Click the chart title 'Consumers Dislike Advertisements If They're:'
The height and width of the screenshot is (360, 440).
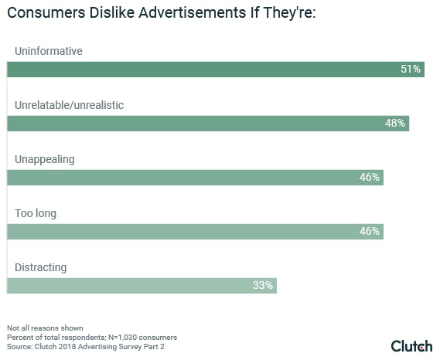tap(162, 13)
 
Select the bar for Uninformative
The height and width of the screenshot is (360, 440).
tap(216, 70)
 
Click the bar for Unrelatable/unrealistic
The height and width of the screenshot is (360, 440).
tap(208, 124)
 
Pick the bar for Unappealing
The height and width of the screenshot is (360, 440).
tap(195, 178)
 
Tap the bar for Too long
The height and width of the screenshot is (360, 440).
tap(195, 232)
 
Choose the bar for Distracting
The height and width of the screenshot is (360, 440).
tap(142, 286)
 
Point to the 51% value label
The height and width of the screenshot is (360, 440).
tap(411, 69)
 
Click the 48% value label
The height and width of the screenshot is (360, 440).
tap(395, 123)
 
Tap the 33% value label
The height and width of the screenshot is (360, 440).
tap(263, 285)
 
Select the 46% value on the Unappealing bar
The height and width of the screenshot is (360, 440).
tap(370, 177)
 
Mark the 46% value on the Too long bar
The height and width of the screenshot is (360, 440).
tap(370, 231)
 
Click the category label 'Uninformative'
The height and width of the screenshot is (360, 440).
tap(49, 51)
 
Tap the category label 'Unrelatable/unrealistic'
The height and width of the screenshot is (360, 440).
tap(69, 105)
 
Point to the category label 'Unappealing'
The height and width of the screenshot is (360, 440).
tap(45, 160)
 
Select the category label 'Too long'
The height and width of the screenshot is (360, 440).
tap(36, 214)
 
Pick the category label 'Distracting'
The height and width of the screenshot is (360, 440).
tap(41, 267)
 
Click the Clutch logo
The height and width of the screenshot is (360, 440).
tap(411, 346)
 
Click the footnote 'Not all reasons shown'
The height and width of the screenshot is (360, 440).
tap(45, 328)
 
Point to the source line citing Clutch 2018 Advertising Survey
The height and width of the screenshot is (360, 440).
tap(86, 347)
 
